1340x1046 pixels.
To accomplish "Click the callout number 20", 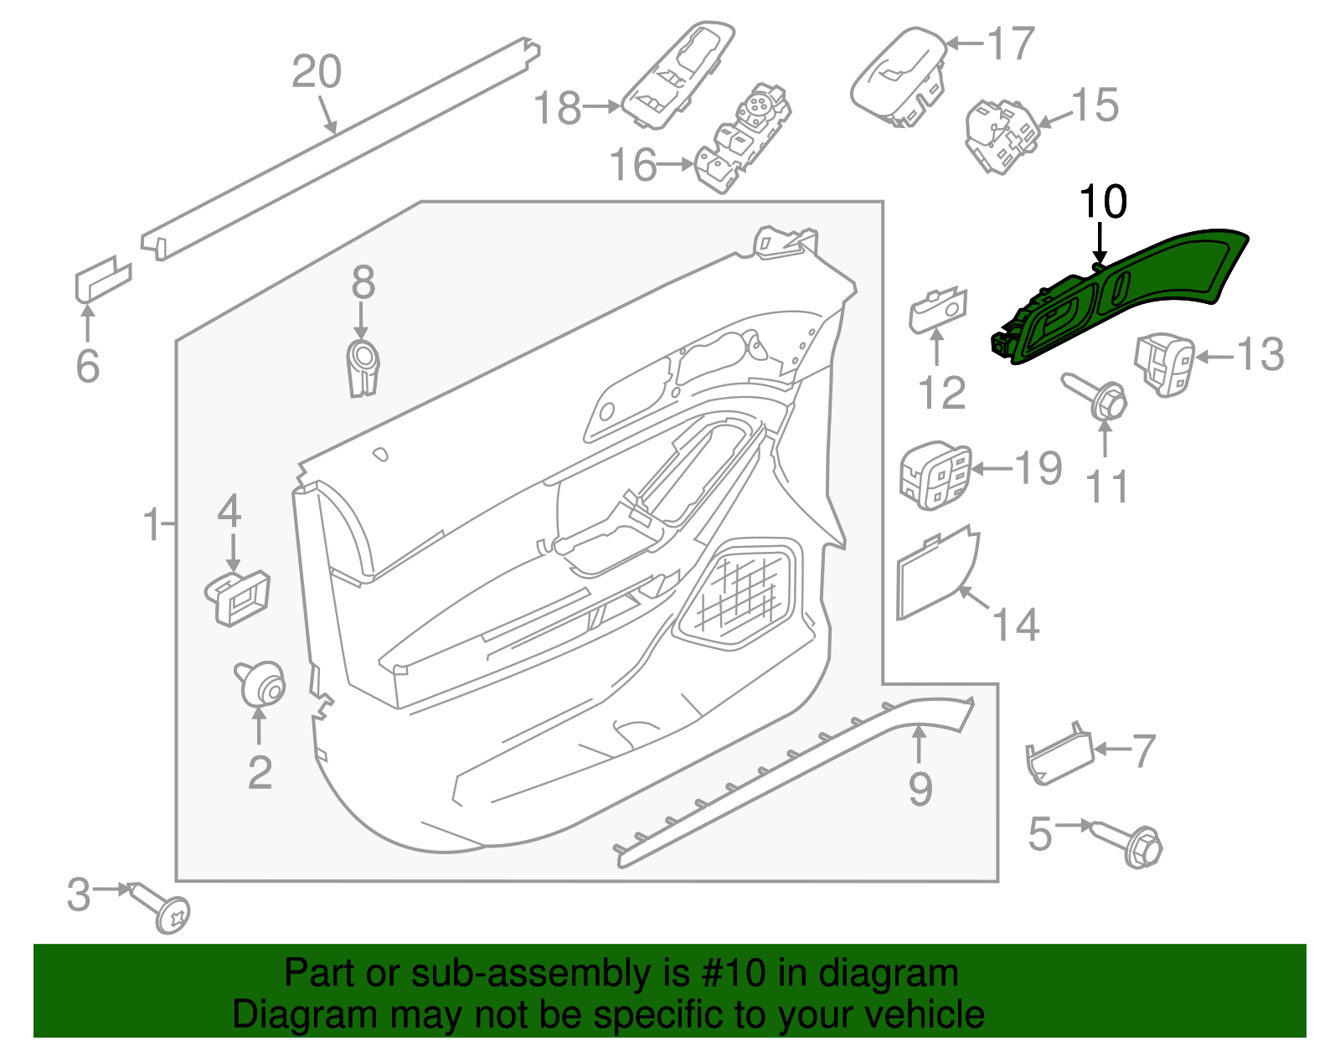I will [x=317, y=72].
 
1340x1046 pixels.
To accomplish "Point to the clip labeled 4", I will [x=239, y=596].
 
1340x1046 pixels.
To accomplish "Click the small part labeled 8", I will [x=363, y=367].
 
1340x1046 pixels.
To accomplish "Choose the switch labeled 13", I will [x=1164, y=363].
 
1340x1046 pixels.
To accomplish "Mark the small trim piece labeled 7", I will [x=1059, y=756].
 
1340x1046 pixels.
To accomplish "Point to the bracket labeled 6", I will [x=102, y=278].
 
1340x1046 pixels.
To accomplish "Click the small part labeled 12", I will [x=938, y=312].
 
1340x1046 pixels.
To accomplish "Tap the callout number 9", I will [x=920, y=789].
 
